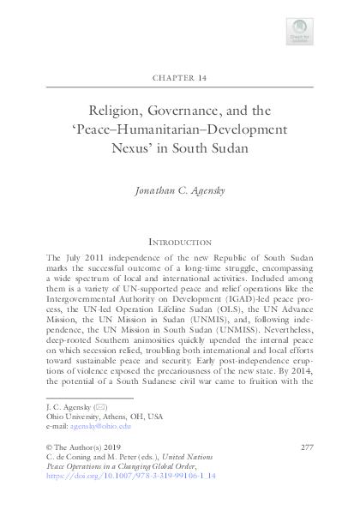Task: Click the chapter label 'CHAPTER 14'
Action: (179, 78)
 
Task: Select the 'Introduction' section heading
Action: (179, 243)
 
